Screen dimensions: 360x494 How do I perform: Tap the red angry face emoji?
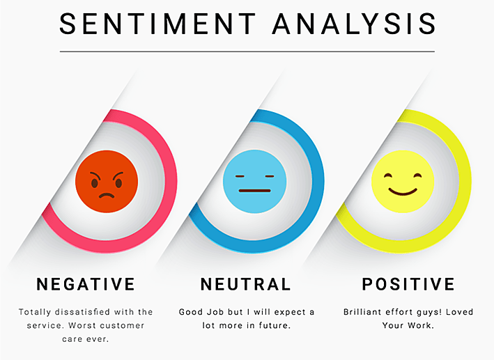(107, 182)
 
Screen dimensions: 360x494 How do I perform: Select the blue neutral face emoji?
(254, 182)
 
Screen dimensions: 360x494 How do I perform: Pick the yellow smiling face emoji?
(402, 182)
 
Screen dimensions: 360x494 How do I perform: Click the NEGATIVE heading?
(86, 284)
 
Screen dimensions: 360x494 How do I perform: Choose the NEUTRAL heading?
(245, 284)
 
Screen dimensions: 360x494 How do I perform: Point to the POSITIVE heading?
(408, 284)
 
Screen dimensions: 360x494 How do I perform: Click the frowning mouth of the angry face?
(107, 195)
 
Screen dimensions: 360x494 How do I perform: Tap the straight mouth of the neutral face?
(254, 190)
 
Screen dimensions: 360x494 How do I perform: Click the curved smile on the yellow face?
(402, 191)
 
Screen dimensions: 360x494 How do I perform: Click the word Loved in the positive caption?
(456, 312)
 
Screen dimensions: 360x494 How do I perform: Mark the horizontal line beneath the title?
(247, 52)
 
